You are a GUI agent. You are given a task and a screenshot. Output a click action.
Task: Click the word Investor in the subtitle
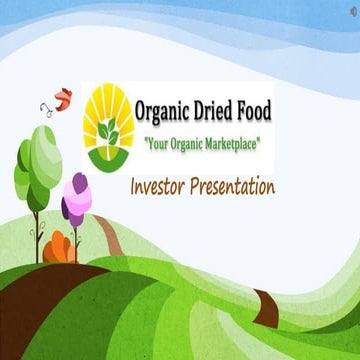pyautogui.click(x=161, y=187)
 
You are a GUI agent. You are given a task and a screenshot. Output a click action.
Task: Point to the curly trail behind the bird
pyautogui.click(x=45, y=108)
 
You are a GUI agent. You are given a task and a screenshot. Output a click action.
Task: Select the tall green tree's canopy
pyautogui.click(x=38, y=165)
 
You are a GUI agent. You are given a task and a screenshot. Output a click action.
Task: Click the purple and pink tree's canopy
pyautogui.click(x=76, y=200)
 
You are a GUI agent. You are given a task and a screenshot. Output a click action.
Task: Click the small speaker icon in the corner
pyautogui.click(x=350, y=10)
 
